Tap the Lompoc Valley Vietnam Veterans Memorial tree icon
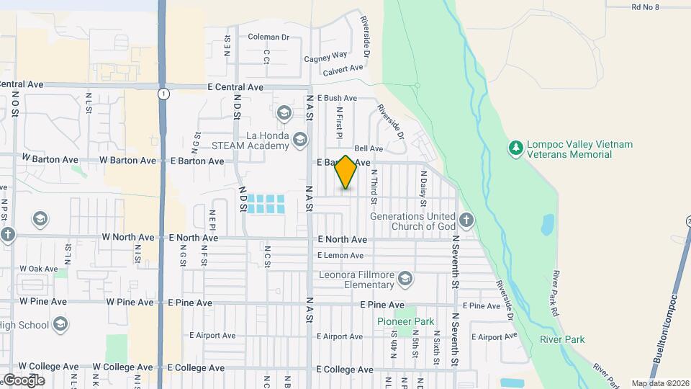[x=515, y=148]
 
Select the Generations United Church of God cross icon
[x=466, y=220]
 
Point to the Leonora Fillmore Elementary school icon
[x=406, y=280]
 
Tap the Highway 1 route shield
[x=165, y=94]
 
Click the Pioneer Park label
[x=396, y=321]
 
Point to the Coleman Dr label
[x=268, y=37]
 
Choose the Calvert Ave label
[x=343, y=70]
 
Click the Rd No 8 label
[x=645, y=6]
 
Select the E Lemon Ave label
[x=340, y=255]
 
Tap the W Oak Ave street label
[x=39, y=269]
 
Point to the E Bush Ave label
[x=336, y=98]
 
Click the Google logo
[x=24, y=380]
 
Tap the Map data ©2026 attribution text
[x=659, y=383]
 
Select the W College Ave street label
[x=49, y=367]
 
